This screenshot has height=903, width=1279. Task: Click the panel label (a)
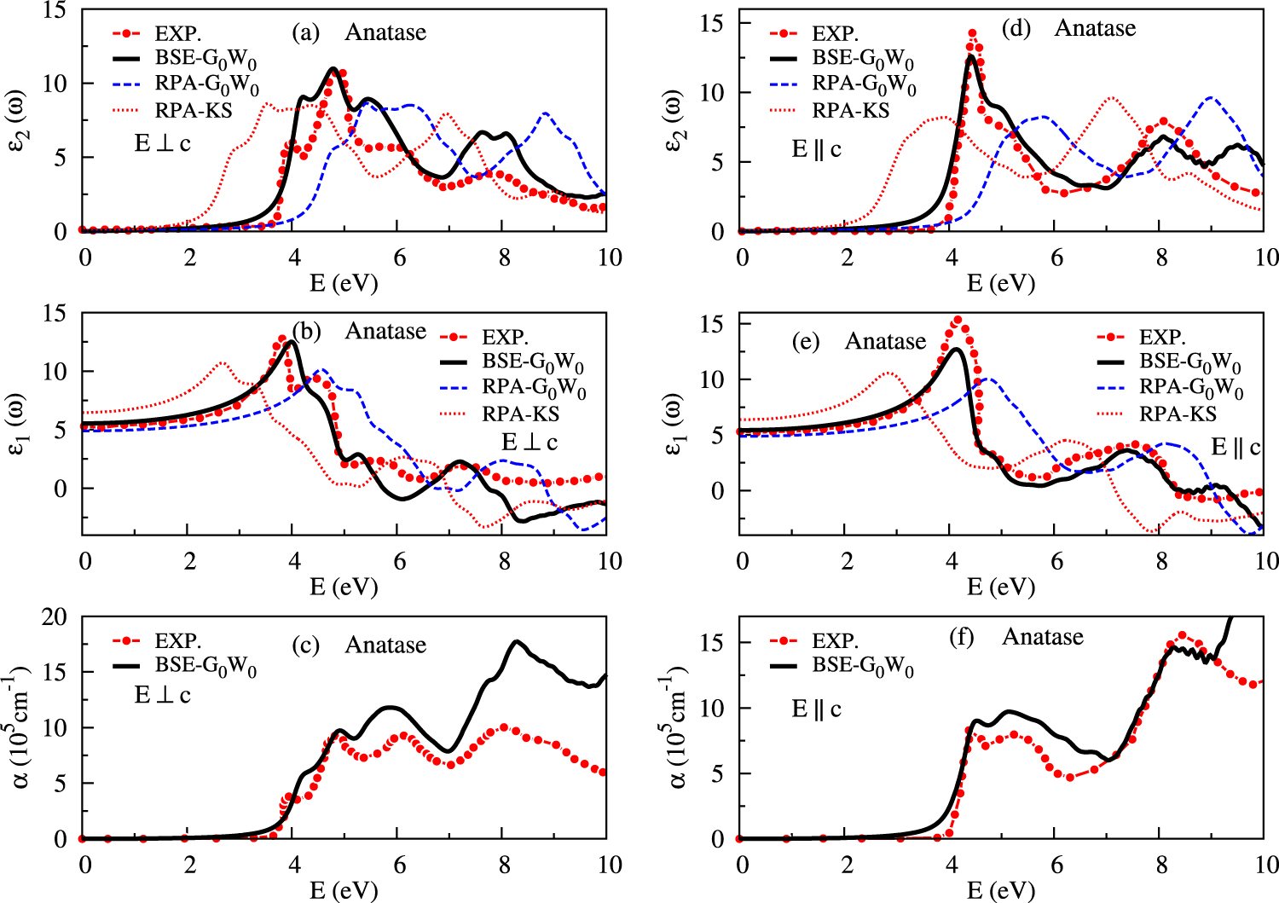click(x=305, y=33)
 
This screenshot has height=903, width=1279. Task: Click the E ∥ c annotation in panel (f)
click(x=816, y=709)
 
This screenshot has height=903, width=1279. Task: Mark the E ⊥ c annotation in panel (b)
click(x=529, y=442)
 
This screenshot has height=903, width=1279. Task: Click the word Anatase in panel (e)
click(x=885, y=341)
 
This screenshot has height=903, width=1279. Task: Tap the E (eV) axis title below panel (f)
click(x=1001, y=891)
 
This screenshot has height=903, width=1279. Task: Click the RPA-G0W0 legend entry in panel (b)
click(x=534, y=388)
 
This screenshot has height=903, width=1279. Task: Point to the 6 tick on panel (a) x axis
click(x=400, y=258)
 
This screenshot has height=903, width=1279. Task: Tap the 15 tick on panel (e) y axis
click(x=713, y=324)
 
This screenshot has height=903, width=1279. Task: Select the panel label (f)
click(x=962, y=638)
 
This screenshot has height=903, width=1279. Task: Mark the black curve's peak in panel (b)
click(x=292, y=341)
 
